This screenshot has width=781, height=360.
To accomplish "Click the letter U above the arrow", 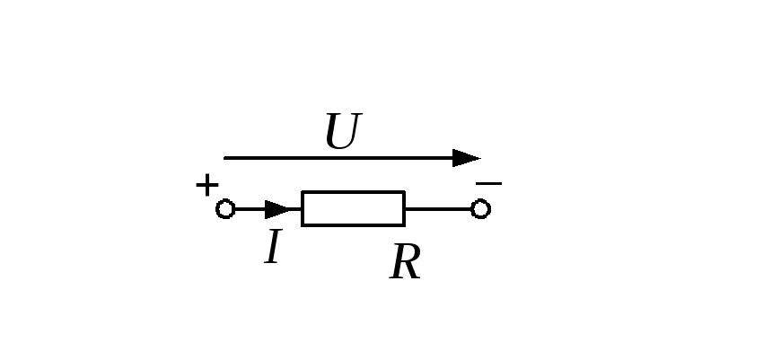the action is pyautogui.click(x=343, y=131).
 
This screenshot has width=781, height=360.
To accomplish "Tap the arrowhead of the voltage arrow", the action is pyautogui.click(x=466, y=158).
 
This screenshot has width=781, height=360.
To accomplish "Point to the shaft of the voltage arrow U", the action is pyautogui.click(x=338, y=158).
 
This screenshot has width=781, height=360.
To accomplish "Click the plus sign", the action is pyautogui.click(x=207, y=185).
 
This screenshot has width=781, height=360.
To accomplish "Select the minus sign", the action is pyautogui.click(x=488, y=184).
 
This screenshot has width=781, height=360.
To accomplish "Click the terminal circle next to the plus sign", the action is pyautogui.click(x=225, y=209).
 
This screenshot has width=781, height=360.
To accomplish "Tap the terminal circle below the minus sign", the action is pyautogui.click(x=480, y=209).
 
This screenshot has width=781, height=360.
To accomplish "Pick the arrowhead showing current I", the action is pyautogui.click(x=276, y=210).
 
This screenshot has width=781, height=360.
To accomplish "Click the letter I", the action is pyautogui.click(x=273, y=247).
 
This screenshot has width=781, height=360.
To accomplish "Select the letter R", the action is pyautogui.click(x=405, y=261).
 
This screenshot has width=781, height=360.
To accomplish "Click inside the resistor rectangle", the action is pyautogui.click(x=353, y=209).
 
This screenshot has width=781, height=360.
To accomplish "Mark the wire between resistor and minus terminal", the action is pyautogui.click(x=438, y=209).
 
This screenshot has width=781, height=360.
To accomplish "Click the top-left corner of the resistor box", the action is pyautogui.click(x=302, y=191).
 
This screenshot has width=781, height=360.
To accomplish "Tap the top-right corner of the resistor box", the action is pyautogui.click(x=405, y=191).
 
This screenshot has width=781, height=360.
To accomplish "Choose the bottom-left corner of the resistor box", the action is pyautogui.click(x=302, y=226).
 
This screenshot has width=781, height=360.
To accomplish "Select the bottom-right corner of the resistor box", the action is pyautogui.click(x=405, y=226).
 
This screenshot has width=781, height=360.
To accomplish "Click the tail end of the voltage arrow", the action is pyautogui.click(x=224, y=158).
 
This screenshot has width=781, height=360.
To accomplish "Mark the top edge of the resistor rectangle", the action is pyautogui.click(x=353, y=192).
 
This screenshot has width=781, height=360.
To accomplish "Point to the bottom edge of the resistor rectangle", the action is pyautogui.click(x=353, y=225).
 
